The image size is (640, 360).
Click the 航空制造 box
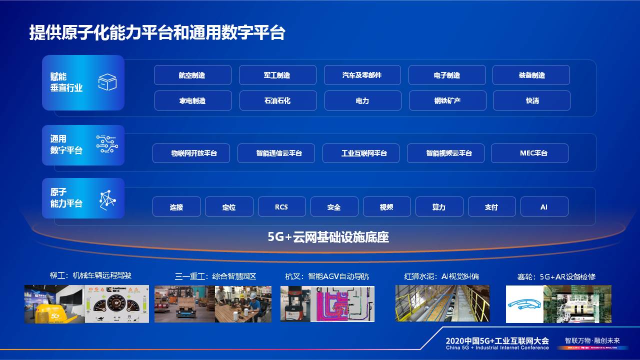(192, 75)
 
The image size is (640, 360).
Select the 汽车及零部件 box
(362, 75)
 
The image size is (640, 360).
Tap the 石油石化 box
(277, 100)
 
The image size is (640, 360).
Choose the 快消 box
(531, 100)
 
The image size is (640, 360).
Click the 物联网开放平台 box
(191, 153)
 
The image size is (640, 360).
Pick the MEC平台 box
(529, 153)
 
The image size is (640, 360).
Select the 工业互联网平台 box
(360, 153)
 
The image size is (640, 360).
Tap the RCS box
(281, 206)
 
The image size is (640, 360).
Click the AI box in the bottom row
(544, 206)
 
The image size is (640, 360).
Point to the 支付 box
(491, 206)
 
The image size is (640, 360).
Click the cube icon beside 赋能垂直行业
(107, 82)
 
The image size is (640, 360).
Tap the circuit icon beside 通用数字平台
(107, 144)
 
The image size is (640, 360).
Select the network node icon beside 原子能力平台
(107, 198)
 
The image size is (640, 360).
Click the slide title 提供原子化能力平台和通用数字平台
(157, 32)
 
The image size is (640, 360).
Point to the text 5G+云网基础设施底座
(328, 237)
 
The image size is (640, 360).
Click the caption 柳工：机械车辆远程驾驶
(90, 275)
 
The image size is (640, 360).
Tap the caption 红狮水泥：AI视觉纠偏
(441, 276)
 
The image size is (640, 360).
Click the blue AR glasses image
(524, 304)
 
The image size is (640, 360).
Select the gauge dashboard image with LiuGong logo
(117, 304)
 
